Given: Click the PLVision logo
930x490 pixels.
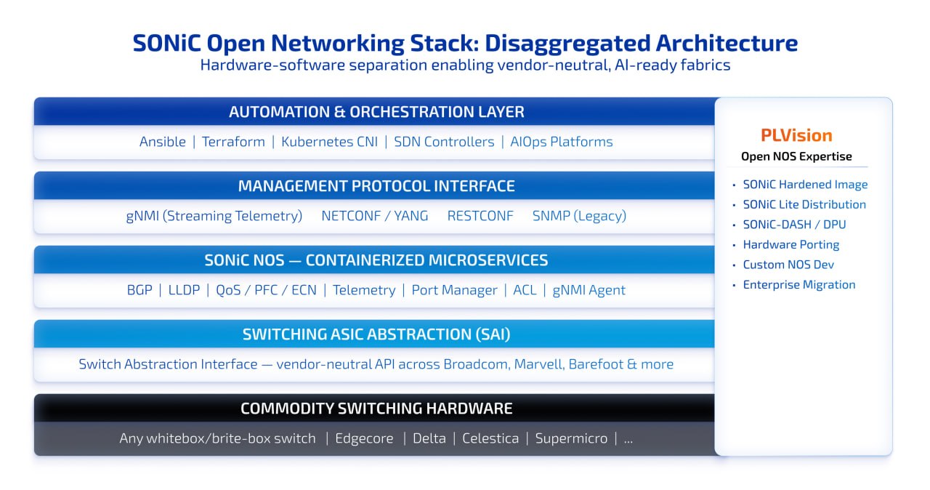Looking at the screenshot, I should tap(796, 135).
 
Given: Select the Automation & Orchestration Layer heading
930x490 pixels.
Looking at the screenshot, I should tap(376, 112).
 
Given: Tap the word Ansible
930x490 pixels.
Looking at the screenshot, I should tap(163, 142).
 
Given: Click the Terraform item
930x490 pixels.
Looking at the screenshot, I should tap(233, 142).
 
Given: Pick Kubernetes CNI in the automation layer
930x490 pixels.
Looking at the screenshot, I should tap(329, 142).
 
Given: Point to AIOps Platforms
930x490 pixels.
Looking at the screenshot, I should tap(561, 142).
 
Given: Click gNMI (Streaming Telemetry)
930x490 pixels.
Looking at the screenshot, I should tap(214, 216).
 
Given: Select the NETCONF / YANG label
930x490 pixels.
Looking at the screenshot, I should tap(374, 216).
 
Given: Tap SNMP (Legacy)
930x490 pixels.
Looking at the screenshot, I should tap(579, 216).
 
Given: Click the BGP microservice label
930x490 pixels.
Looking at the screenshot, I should tap(139, 290).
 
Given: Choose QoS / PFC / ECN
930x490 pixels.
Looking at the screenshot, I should tap(266, 290).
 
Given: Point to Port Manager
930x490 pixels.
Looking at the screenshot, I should tap(454, 290).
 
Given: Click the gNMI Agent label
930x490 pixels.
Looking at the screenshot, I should tap(589, 290).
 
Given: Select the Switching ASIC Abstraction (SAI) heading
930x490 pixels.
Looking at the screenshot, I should tap(376, 334).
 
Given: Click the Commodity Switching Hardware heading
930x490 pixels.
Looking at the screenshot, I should tap(376, 409).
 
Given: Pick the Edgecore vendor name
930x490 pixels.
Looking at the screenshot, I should tap(364, 438).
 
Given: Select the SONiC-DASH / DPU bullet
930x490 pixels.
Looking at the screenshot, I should tap(794, 225).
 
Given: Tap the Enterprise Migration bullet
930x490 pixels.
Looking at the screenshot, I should tap(798, 285).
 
